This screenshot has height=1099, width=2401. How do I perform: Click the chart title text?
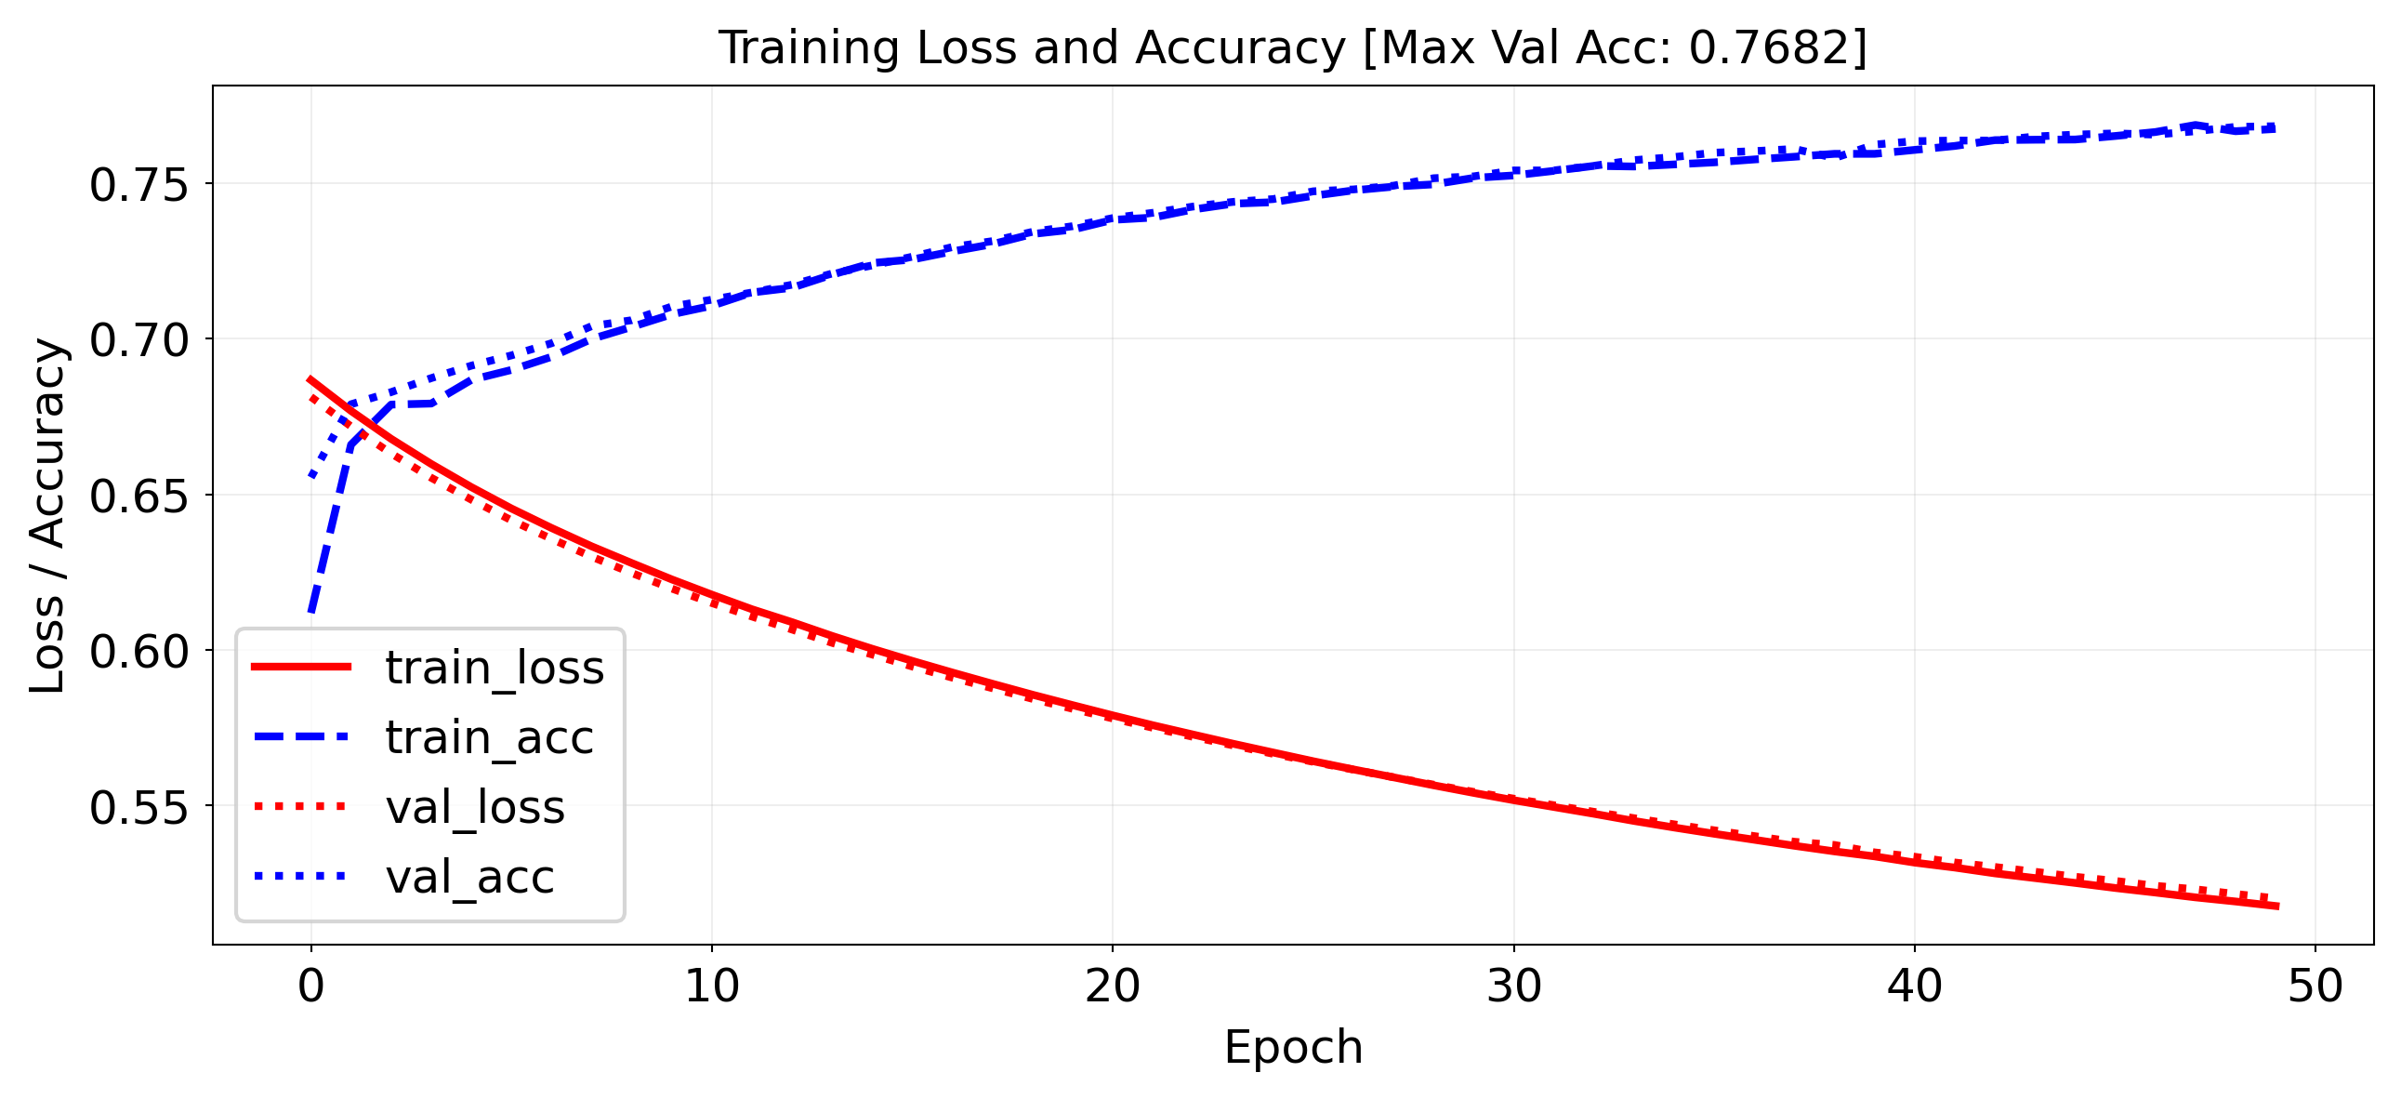pyautogui.click(x=1292, y=47)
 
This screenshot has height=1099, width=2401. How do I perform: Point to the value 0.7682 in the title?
pyautogui.click(x=1768, y=47)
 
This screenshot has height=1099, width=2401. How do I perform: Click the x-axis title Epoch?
pyautogui.click(x=1293, y=1047)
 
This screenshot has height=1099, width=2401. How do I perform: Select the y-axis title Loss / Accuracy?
pyautogui.click(x=47, y=515)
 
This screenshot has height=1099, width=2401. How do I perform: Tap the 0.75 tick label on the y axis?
pyautogui.click(x=139, y=185)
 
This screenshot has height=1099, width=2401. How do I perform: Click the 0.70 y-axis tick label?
pyautogui.click(x=139, y=340)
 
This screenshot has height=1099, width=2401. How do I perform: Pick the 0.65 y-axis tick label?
pyautogui.click(x=139, y=496)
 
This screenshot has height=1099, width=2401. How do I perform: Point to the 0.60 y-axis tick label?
pyautogui.click(x=139, y=652)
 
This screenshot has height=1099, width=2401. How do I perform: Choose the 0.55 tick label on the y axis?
pyautogui.click(x=139, y=807)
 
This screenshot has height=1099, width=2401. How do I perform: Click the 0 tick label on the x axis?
pyautogui.click(x=311, y=986)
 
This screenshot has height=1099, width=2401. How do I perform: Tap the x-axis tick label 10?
pyautogui.click(x=712, y=986)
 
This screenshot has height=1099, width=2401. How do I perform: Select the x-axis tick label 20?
pyautogui.click(x=1113, y=986)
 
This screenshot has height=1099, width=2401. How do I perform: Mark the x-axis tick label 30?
pyautogui.click(x=1513, y=986)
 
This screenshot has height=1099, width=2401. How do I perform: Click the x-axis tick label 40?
pyautogui.click(x=1915, y=986)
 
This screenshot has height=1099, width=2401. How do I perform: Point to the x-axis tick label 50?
pyautogui.click(x=2315, y=986)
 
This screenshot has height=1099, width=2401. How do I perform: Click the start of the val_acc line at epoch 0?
pyautogui.click(x=311, y=476)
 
